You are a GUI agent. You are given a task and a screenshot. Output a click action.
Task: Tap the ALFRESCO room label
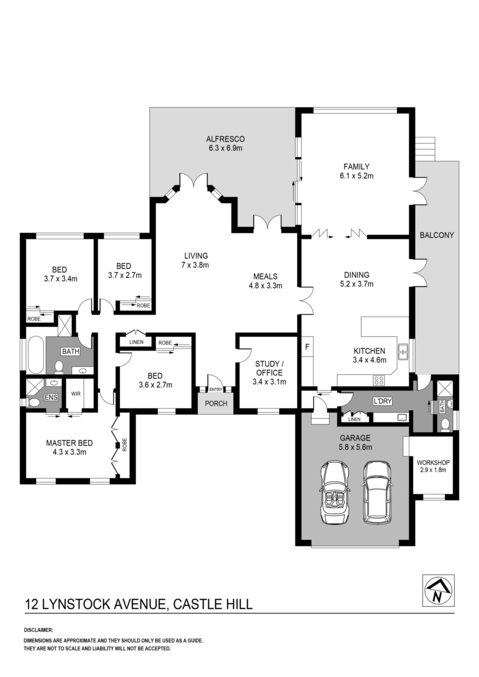[x=225, y=139]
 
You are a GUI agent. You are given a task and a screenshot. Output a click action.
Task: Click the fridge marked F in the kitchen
[x=307, y=347]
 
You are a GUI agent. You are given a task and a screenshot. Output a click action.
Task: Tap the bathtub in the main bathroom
[x=35, y=355]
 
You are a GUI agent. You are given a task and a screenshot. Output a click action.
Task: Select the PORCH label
[x=216, y=403]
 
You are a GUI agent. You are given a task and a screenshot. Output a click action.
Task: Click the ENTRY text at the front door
[x=216, y=390]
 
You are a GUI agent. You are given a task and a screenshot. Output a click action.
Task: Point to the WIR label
[x=76, y=394]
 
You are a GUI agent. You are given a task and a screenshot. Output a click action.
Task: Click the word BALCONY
[x=437, y=235]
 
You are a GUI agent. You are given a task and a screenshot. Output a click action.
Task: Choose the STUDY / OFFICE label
[x=269, y=368]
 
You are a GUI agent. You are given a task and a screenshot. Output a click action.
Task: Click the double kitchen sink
[x=403, y=352]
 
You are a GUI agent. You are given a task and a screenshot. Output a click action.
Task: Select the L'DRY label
[x=383, y=401]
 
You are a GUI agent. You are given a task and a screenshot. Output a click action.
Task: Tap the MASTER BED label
[x=70, y=443]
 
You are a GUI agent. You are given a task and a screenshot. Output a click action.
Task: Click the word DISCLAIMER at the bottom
[x=38, y=630]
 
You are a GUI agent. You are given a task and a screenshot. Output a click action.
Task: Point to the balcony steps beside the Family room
[x=426, y=149]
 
